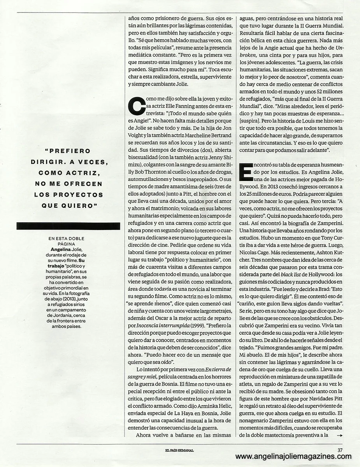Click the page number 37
tap(340, 450)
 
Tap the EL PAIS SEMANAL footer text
tap(179, 450)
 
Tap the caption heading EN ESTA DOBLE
tap(66, 239)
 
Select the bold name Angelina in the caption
tap(61, 249)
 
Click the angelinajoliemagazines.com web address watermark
tap(293, 456)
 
